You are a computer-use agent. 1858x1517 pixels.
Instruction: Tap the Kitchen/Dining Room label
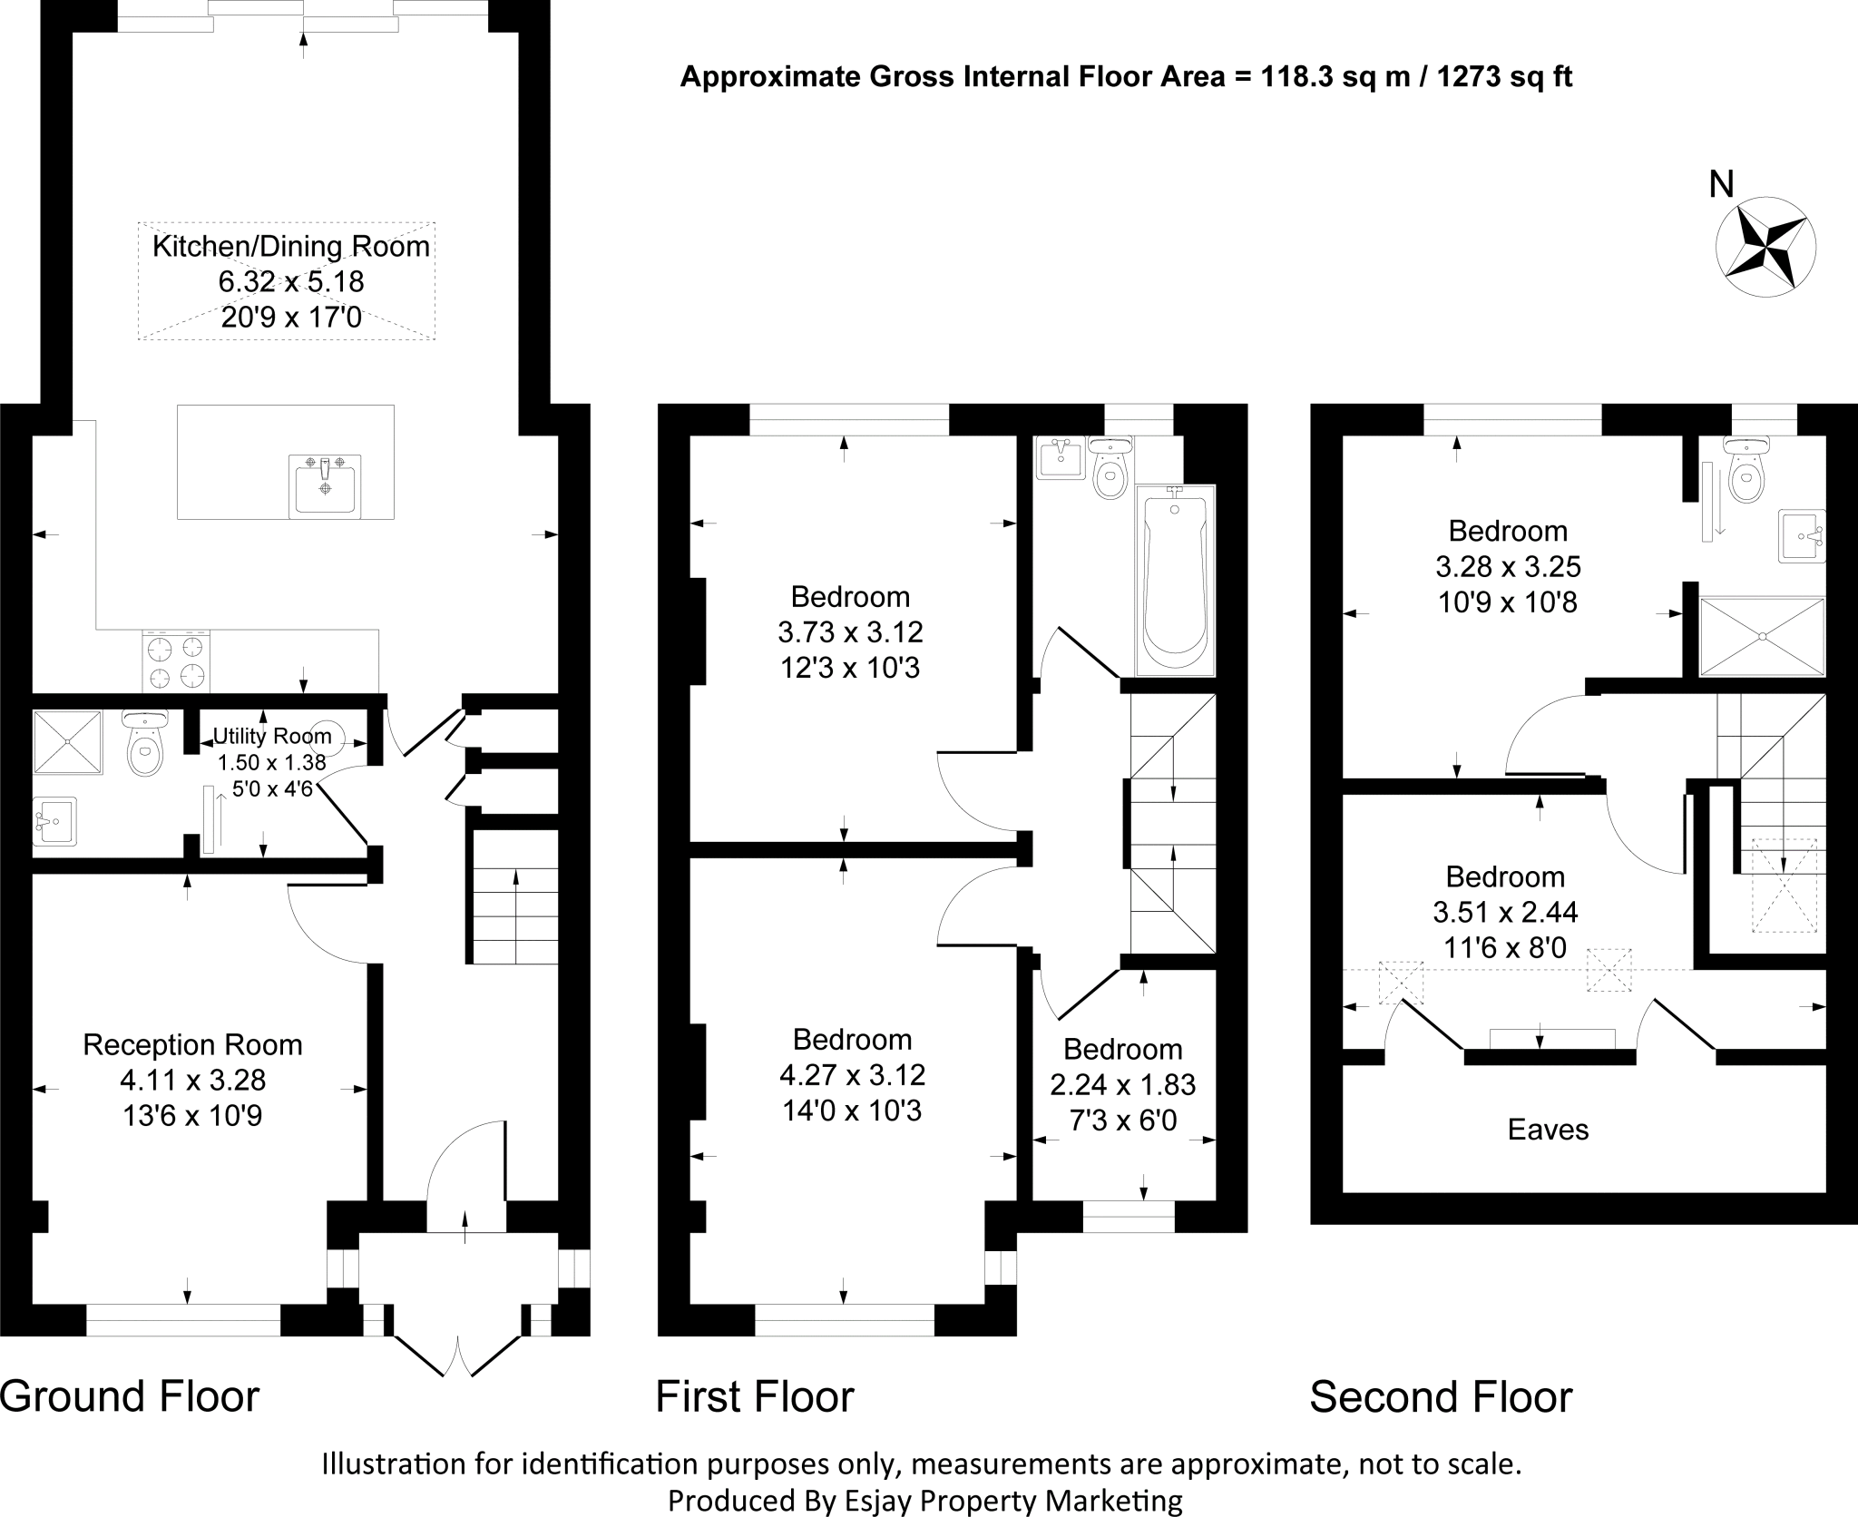(290, 247)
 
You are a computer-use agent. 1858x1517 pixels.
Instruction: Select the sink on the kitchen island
(325, 485)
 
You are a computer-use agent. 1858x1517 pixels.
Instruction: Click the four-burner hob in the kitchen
(176, 661)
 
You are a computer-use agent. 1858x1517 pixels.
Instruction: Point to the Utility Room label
(271, 736)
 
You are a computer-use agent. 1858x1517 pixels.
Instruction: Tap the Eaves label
(1548, 1130)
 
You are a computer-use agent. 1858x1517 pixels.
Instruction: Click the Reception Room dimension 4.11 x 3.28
(192, 1080)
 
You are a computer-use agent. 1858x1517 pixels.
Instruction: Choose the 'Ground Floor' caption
(130, 1396)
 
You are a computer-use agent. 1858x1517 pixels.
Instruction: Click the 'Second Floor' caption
(1441, 1396)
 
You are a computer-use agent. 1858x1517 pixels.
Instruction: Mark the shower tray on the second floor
(1761, 636)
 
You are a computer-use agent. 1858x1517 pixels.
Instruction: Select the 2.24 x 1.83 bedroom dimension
(1123, 1084)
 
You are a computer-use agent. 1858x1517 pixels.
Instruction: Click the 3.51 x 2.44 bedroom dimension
(1505, 912)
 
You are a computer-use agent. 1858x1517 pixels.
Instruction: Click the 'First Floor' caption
(755, 1396)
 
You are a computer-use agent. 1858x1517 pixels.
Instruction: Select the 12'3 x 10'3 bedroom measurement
(850, 668)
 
